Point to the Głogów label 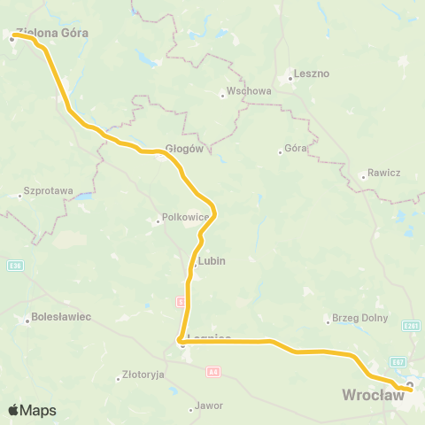tap(185, 149)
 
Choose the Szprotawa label tap(48, 190)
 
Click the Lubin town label tap(212, 261)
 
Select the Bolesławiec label tap(61, 317)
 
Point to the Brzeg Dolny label tap(354, 318)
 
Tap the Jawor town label tap(210, 406)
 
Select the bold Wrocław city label tap(373, 395)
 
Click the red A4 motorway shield tap(212, 372)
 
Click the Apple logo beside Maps tap(13, 410)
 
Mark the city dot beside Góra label tap(280, 152)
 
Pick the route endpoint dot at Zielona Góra tap(12, 38)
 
